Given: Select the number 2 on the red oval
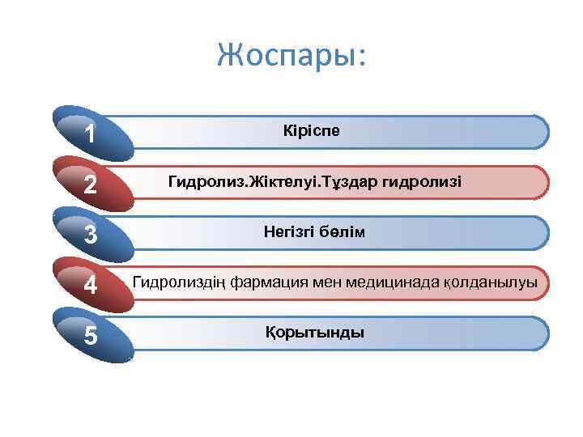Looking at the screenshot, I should point(90,185).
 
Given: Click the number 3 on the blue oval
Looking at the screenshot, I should point(90,235).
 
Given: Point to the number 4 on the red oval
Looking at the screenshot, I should point(90,285).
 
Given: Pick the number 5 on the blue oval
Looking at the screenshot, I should point(90,335).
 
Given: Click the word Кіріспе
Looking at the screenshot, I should point(313,131).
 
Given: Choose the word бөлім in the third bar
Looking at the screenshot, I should point(342,232).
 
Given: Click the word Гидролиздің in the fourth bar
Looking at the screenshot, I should point(179,282).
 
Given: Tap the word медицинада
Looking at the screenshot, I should point(392,282).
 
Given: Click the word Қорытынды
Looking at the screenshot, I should point(314,333).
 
